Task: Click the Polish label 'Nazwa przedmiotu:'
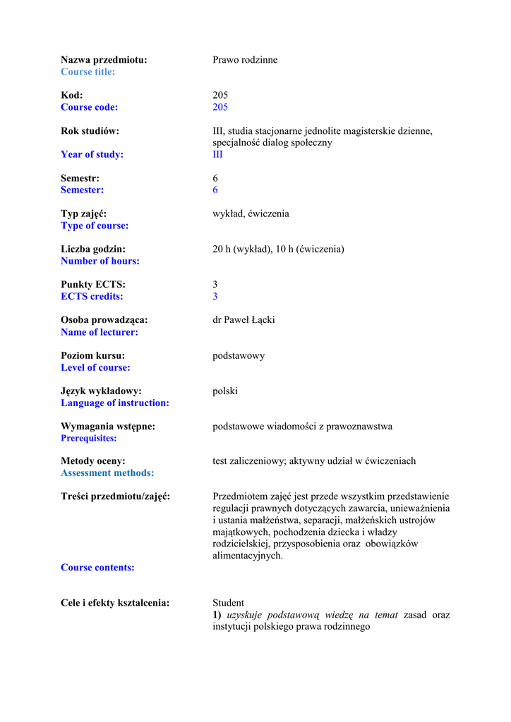coord(104,60)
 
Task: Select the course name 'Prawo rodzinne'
coord(245,60)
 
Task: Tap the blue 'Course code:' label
coord(89,107)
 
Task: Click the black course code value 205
coord(220,95)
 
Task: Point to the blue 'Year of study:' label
coord(92,154)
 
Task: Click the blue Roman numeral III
coord(217,154)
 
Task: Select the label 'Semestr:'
coord(80,178)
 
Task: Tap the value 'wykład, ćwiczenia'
coord(251,214)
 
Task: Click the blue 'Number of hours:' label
coord(100,261)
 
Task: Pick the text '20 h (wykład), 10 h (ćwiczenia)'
coord(278,249)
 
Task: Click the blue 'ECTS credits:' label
coord(92,296)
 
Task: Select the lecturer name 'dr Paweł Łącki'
coord(244,320)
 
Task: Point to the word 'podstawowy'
coord(239,355)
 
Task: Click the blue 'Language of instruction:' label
coord(115,403)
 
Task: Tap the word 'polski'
coord(225,391)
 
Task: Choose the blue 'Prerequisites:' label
coord(89,438)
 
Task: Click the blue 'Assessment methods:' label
coord(107,473)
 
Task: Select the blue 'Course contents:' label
coord(97,568)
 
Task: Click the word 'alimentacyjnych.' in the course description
coord(248,556)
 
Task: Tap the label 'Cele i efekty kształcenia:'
coord(115,603)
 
